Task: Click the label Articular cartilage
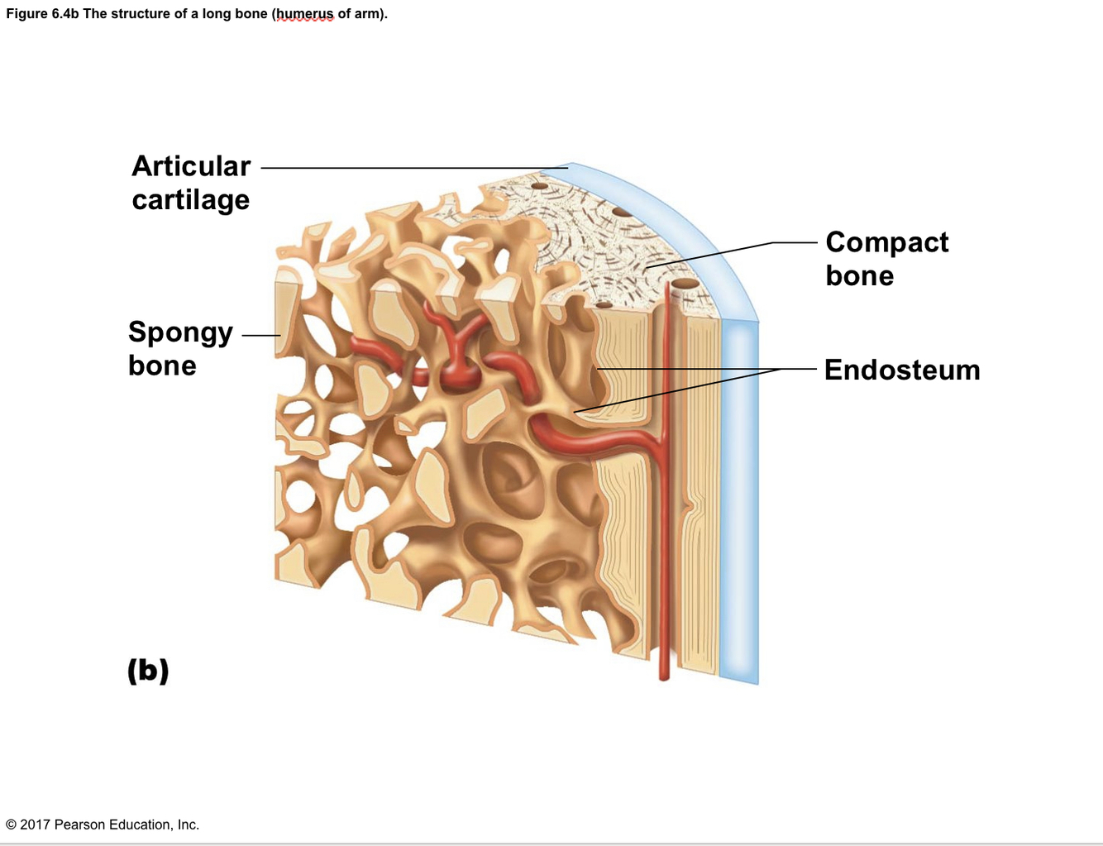[191, 183]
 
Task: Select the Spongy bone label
[180, 348]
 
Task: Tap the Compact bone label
[886, 258]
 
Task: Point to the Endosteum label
[902, 370]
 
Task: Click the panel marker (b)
[148, 670]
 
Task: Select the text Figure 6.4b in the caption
[42, 14]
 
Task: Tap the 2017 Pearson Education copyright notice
[103, 824]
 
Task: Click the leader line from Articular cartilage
[413, 168]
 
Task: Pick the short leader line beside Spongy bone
[261, 335]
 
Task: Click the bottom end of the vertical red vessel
[664, 676]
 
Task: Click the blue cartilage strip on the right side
[738, 496]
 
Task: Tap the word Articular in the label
[191, 166]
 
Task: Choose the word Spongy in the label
[180, 332]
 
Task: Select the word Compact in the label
[886, 241]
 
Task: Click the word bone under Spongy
[162, 366]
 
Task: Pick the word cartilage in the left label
[191, 200]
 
